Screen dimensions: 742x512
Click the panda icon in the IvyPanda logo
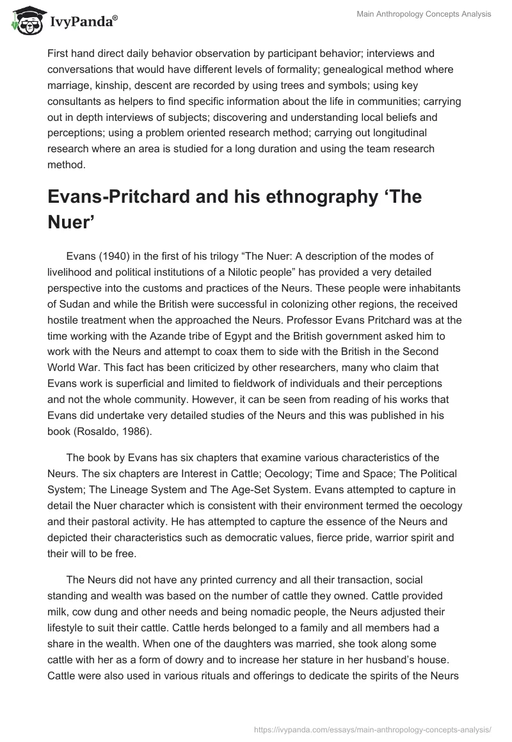click(x=24, y=20)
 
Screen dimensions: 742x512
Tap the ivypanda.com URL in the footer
click(x=373, y=729)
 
